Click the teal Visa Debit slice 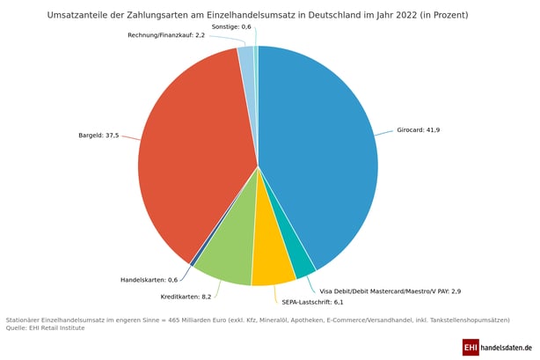[x=302, y=260]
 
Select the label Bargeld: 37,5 [x=99, y=136]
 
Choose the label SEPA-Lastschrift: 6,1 [x=312, y=302]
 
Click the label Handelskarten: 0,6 [x=149, y=280]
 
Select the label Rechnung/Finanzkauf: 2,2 [x=166, y=35]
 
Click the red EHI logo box [x=471, y=348]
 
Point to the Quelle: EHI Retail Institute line [x=45, y=327]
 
